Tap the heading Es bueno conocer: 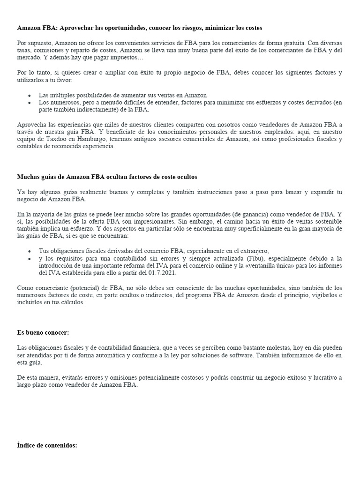point(43,332)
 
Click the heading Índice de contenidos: point(47,445)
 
